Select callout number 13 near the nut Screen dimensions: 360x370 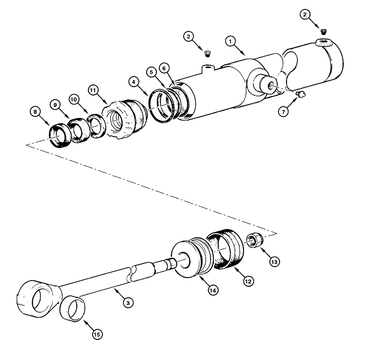tap(275, 262)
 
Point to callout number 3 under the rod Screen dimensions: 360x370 tap(127, 303)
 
